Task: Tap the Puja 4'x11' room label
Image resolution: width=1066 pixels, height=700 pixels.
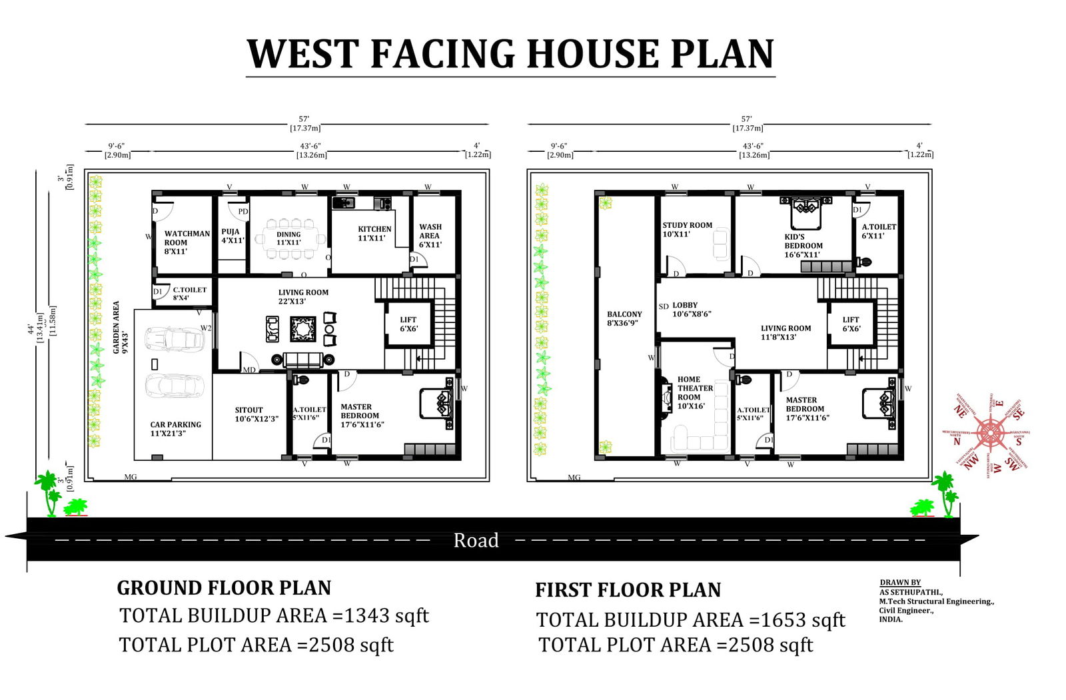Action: tap(233, 236)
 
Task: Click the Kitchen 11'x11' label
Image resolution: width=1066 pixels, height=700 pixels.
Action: tap(374, 233)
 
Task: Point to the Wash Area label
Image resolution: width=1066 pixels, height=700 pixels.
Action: tap(430, 236)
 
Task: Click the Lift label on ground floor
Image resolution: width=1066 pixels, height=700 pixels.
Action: tap(408, 324)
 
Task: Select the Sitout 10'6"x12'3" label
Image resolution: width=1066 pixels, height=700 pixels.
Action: tap(256, 414)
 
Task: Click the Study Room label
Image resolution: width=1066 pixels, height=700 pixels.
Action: tap(686, 229)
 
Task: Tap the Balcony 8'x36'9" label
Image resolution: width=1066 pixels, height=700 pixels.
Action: tap(624, 318)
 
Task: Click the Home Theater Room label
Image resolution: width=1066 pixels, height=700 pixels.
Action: tap(694, 392)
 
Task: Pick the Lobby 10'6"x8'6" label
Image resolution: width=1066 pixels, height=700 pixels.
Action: tap(691, 309)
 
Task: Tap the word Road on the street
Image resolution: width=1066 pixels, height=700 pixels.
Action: tap(476, 540)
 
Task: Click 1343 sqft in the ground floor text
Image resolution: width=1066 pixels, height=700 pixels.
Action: tap(386, 615)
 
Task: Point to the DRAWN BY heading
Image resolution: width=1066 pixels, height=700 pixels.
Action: tap(899, 583)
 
